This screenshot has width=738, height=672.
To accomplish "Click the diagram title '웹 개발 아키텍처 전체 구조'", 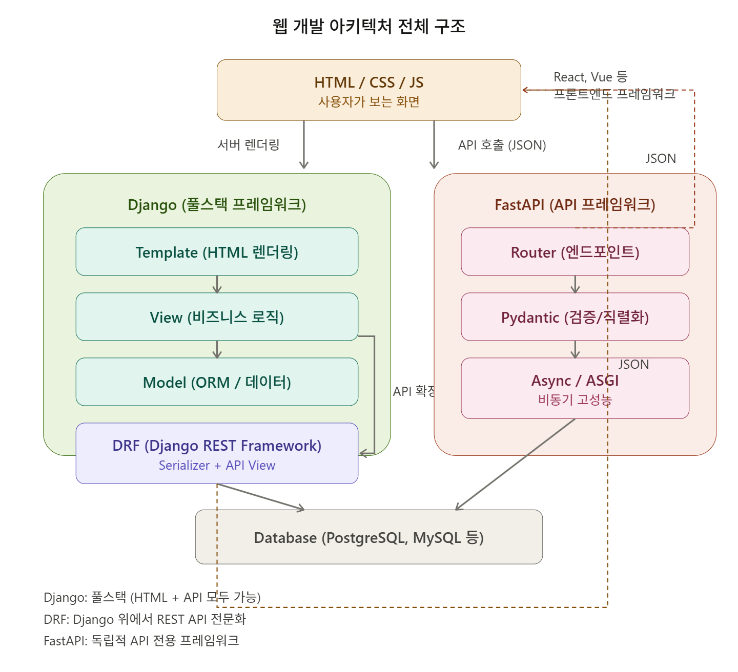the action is coord(368,27).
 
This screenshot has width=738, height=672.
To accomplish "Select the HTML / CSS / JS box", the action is coord(368,90).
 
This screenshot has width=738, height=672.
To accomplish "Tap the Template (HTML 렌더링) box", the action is coord(217,251).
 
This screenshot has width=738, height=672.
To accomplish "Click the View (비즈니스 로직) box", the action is coord(217,317).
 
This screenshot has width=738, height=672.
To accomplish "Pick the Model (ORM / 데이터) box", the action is coord(217,382).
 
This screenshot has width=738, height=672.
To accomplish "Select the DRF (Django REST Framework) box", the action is coord(217,453).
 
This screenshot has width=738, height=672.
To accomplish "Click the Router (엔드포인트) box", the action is coord(575,251).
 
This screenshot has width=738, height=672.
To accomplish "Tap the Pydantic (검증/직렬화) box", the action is coord(575,317).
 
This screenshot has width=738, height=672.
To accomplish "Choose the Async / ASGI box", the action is coord(575,388).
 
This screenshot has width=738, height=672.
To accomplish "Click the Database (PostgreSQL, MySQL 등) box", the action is coord(368,537).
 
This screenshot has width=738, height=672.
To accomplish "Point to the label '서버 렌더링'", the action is coord(249,144).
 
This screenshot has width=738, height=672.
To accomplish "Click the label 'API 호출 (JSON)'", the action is coord(502,145).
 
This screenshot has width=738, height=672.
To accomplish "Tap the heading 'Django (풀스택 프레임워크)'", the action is coord(217,204).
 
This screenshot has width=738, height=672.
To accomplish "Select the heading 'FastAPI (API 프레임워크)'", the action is coord(575,204).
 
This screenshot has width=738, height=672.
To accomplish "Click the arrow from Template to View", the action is coord(217,284).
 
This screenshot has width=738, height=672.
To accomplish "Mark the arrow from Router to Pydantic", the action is coord(575,284).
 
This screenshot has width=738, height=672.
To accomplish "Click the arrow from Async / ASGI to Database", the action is coord(515,464).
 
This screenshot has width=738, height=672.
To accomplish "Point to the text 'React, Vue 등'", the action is coord(590,77).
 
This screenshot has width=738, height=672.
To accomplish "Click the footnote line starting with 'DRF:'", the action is coord(145,619).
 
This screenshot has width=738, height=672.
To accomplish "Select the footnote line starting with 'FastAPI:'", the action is coord(141,641).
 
